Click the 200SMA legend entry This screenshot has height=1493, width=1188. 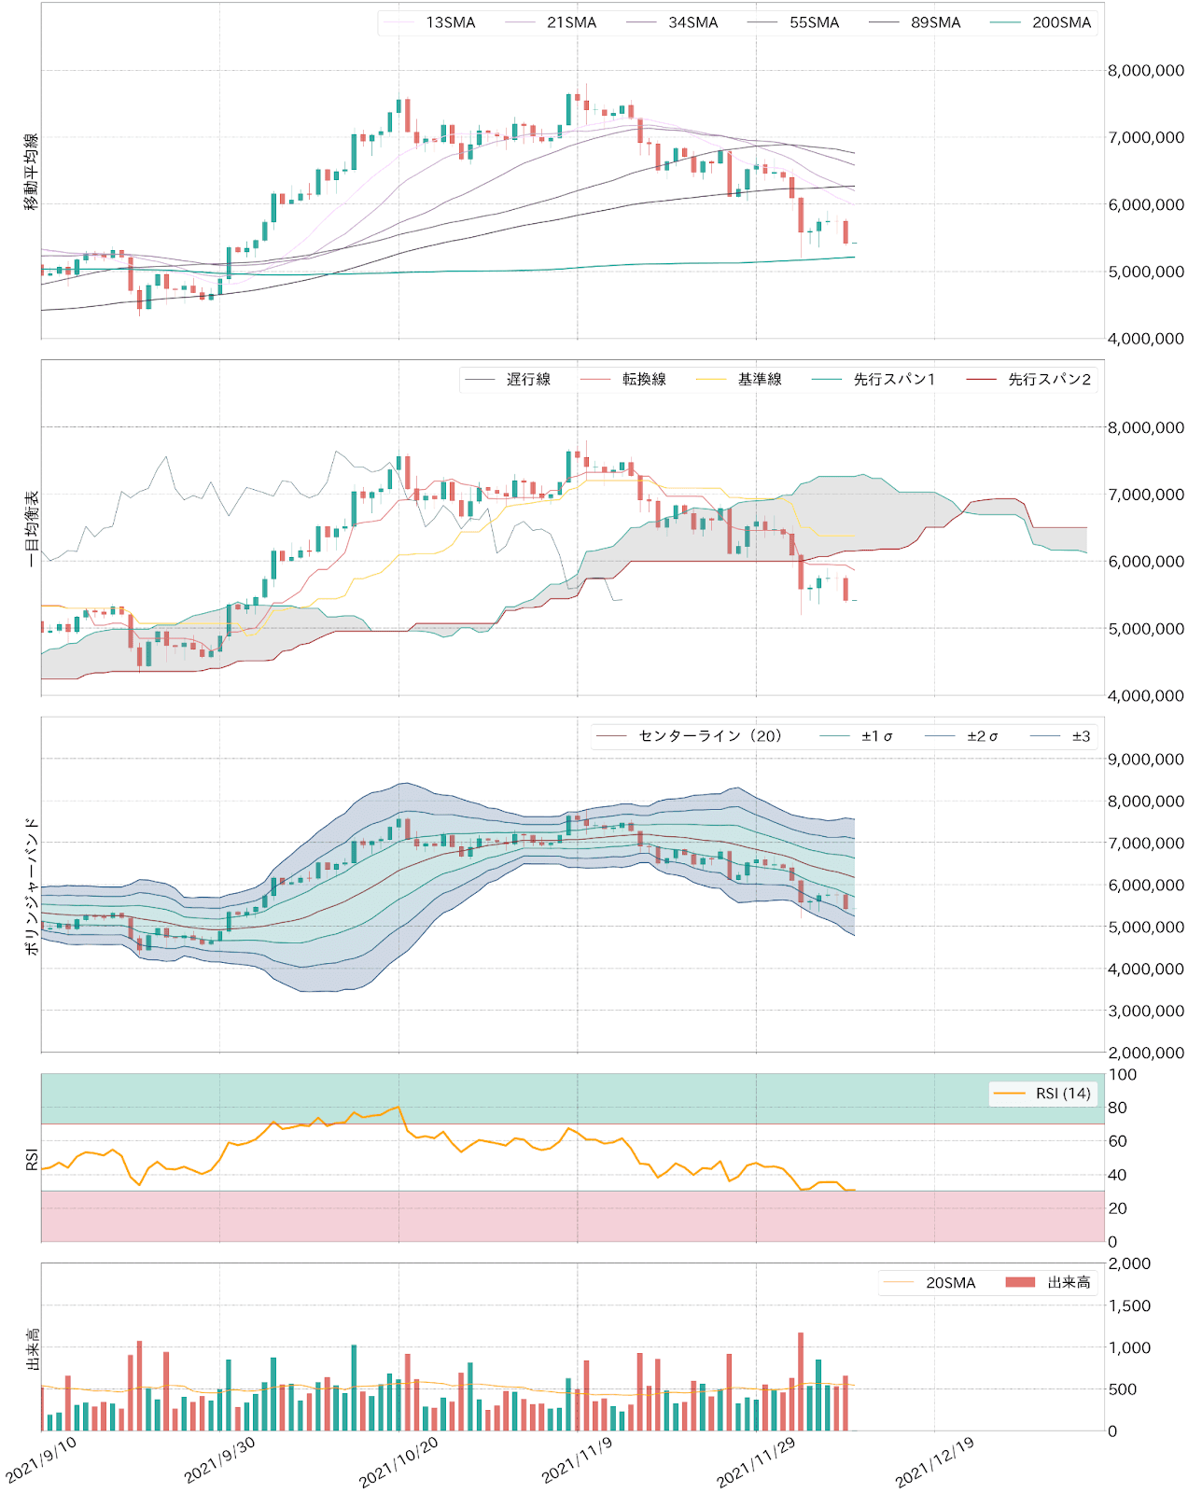tap(1060, 22)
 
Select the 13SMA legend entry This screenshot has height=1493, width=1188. tap(450, 22)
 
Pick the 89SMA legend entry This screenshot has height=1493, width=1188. tap(935, 22)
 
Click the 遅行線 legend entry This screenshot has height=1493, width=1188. tap(528, 379)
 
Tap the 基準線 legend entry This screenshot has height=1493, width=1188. tap(759, 379)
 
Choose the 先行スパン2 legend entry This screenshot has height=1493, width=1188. tap(1049, 379)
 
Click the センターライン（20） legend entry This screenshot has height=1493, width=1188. tap(709, 736)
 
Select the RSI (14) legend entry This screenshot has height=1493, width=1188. tap(1062, 1094)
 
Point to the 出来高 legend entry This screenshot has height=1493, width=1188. tap(1069, 1283)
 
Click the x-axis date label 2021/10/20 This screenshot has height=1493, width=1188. tap(398, 1461)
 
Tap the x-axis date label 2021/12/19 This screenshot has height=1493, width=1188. tap(934, 1461)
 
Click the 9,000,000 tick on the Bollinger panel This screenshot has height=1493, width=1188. tap(1145, 760)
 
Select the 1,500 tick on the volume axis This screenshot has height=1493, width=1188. tap(1129, 1305)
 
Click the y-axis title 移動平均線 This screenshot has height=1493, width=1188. tap(31, 172)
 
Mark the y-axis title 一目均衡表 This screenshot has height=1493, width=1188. tap(31, 528)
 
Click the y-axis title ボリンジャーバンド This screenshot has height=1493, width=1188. tap(31, 886)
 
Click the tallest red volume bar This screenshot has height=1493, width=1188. tap(801, 1381)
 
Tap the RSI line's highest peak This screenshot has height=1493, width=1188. tap(398, 1107)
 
